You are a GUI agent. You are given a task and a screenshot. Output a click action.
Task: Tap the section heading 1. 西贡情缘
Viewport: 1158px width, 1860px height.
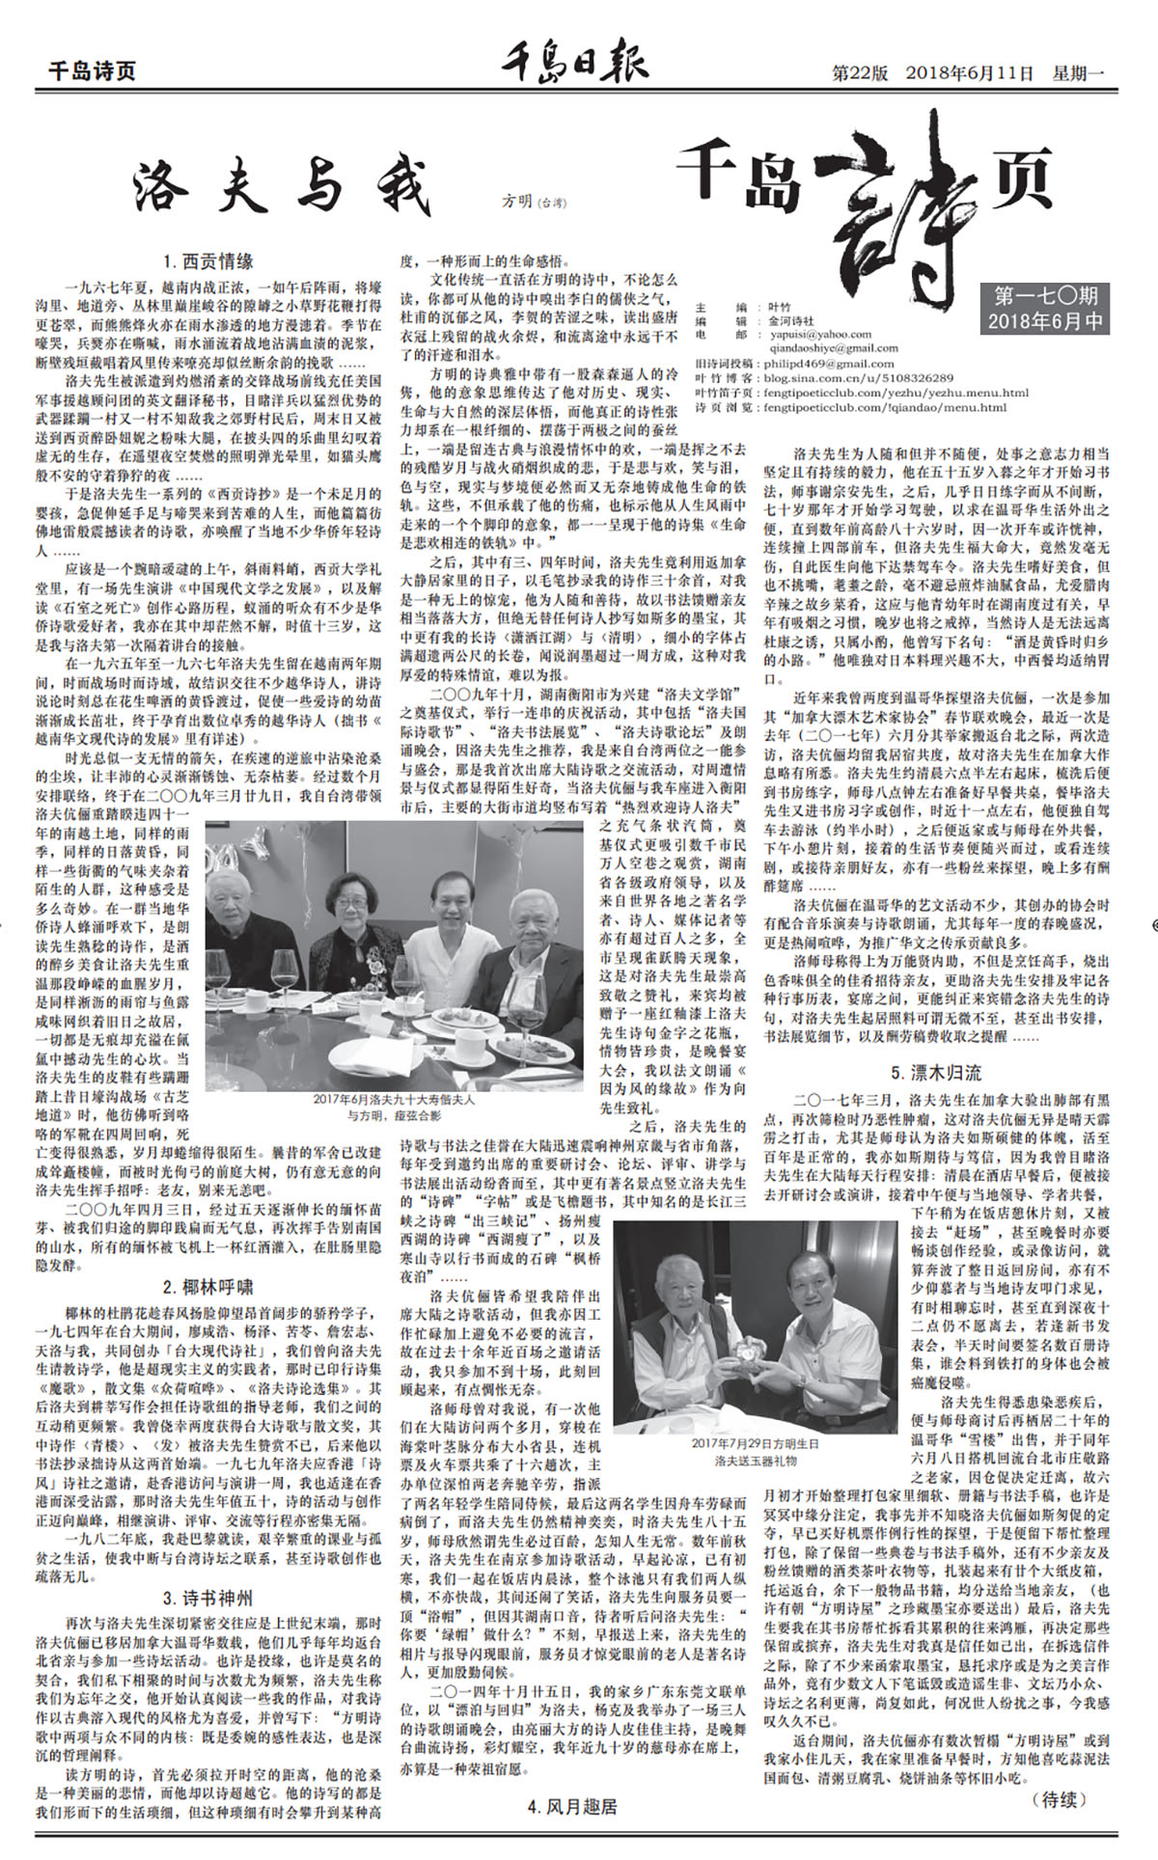(208, 260)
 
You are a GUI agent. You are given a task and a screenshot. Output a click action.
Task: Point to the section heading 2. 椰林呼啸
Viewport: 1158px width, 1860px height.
(208, 1287)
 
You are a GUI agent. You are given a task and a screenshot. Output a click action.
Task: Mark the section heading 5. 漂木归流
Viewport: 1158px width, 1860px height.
(936, 1072)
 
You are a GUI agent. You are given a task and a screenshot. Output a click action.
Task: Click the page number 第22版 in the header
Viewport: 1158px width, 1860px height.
(862, 72)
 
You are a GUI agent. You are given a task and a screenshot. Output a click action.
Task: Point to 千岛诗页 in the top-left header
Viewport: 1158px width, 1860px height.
(93, 72)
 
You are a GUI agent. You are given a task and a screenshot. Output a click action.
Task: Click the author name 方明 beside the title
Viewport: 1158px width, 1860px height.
(517, 202)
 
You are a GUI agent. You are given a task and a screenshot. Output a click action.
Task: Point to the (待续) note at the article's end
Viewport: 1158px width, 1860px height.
(1058, 1799)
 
